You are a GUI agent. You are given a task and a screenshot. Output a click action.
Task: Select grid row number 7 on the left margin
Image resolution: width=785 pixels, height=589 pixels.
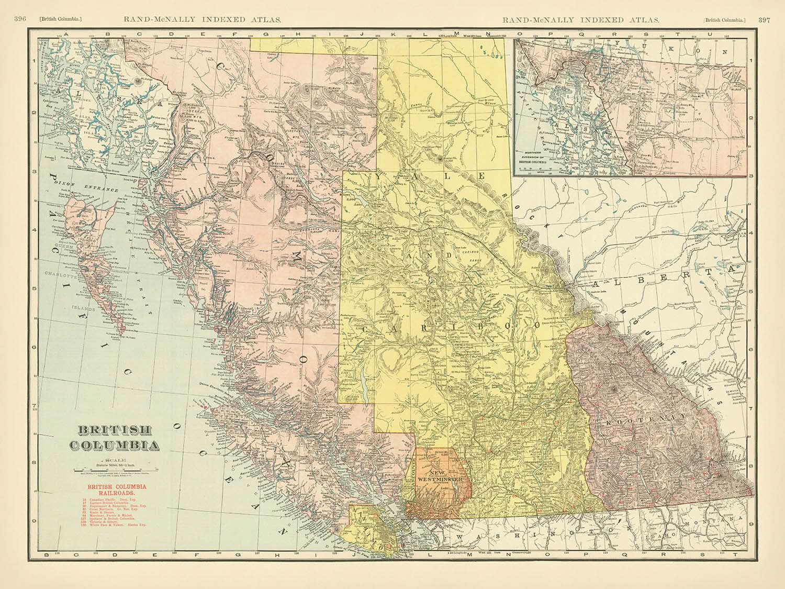35,405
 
